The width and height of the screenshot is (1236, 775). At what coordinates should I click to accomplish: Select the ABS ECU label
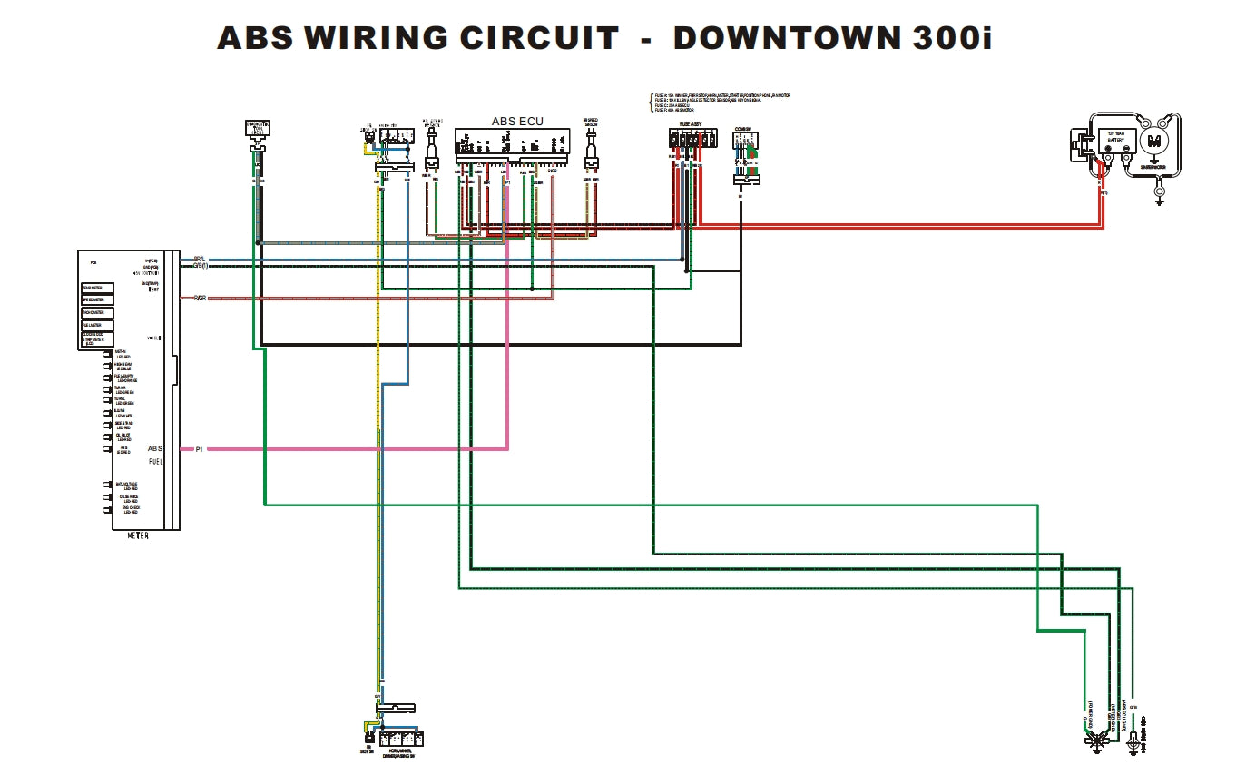coord(517,121)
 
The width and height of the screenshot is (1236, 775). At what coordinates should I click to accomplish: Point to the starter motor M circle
coord(1154,140)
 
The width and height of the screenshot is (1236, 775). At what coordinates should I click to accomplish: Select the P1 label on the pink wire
coord(199,449)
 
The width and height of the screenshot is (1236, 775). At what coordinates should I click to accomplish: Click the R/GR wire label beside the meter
coord(199,298)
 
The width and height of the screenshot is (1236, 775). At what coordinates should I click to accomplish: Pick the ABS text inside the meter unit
coord(155,448)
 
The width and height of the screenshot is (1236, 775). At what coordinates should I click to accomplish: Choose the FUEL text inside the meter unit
coord(155,462)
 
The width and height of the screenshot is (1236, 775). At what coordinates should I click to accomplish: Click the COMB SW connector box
coord(745,141)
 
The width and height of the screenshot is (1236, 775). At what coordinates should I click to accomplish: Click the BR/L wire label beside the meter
coord(199,259)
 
